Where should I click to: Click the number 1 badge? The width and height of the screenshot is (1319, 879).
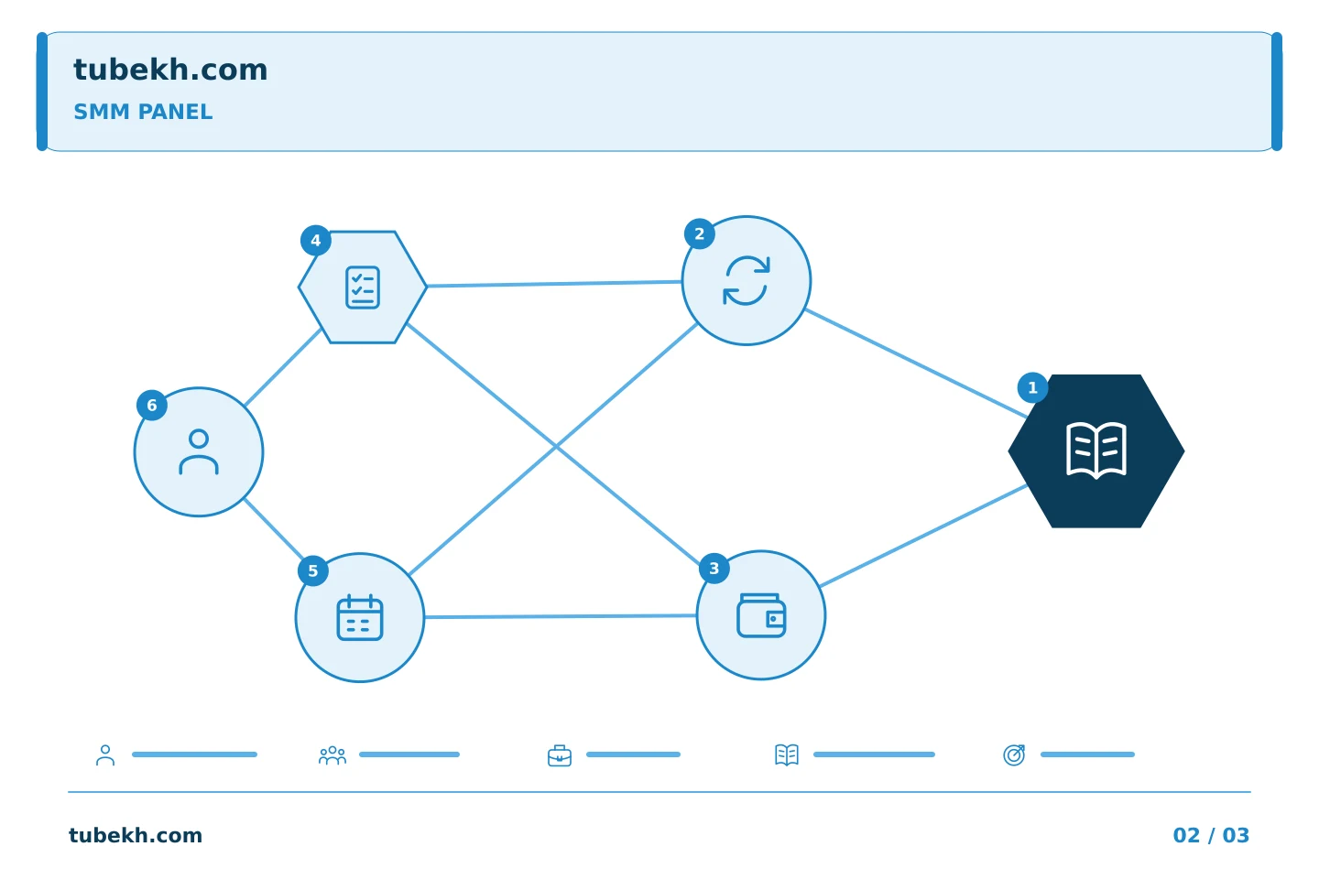point(1032,388)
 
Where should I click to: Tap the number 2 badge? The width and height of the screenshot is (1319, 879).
point(700,233)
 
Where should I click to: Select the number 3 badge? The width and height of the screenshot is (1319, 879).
point(714,569)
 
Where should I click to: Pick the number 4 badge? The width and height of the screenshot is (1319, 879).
point(316,240)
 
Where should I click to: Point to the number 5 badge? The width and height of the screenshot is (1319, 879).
point(313,570)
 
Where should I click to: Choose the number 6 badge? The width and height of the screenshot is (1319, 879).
point(152,405)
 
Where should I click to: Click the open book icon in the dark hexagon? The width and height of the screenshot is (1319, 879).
point(1096,450)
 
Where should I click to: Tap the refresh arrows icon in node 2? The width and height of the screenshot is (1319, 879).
point(747,281)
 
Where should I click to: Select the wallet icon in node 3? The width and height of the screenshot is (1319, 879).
point(761,615)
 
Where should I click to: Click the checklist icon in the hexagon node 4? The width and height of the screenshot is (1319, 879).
point(363,288)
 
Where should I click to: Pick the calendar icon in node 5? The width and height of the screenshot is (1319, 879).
point(360,618)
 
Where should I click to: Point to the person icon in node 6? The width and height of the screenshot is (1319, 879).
point(199,451)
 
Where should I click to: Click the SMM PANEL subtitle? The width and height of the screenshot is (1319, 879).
point(143,112)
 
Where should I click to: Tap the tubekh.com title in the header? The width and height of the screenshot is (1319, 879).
point(170,70)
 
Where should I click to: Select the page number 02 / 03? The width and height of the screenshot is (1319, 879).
point(1211,835)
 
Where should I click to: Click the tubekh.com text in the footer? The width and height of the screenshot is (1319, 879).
point(136,835)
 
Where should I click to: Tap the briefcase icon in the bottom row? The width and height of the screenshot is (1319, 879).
point(560,755)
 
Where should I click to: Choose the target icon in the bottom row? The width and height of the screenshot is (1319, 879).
point(1014,754)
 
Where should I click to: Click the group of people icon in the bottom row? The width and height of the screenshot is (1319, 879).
point(332,755)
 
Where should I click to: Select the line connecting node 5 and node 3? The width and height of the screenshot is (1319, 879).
point(560,616)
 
